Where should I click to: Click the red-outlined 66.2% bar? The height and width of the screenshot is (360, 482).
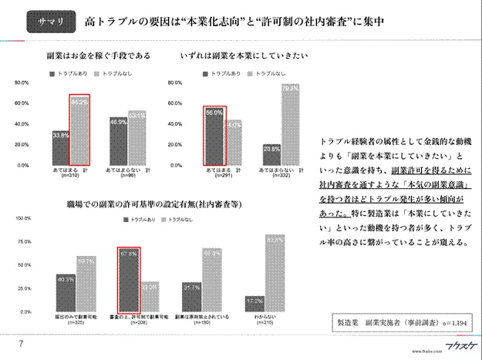click(80, 130)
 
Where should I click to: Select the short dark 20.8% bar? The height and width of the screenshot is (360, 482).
click(271, 154)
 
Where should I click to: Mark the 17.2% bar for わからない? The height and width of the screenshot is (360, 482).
click(255, 303)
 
